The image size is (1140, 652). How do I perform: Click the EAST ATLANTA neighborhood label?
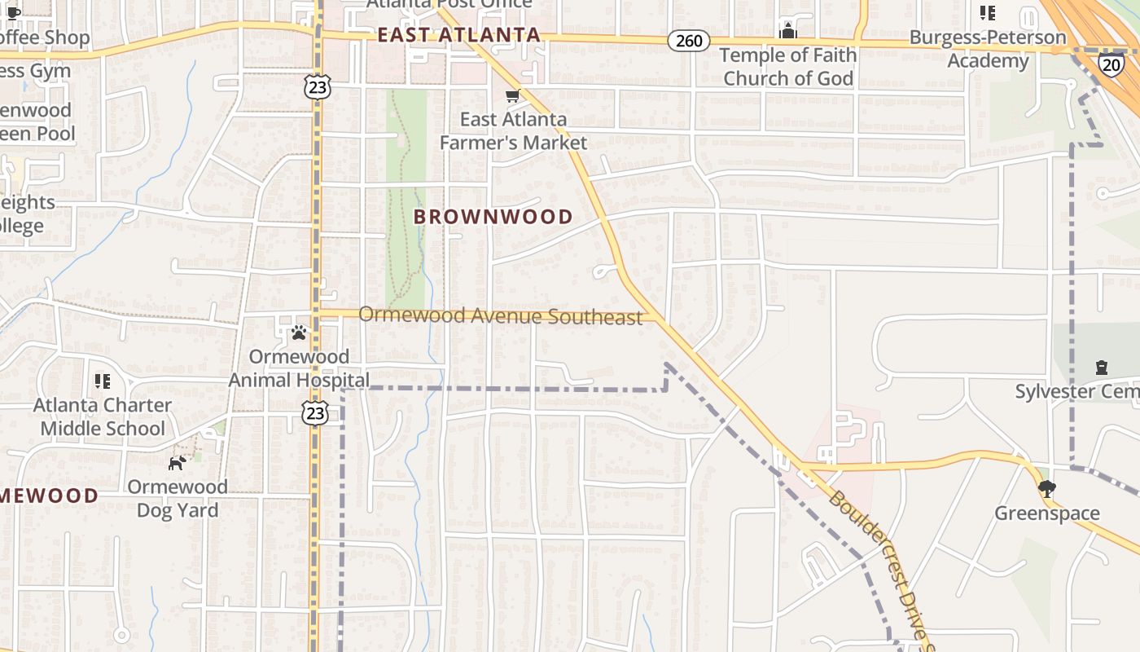[x=459, y=35]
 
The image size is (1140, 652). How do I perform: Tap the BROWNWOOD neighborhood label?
[x=493, y=217]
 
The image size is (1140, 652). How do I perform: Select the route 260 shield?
[x=689, y=41]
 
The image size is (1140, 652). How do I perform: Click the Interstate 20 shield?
[x=1111, y=64]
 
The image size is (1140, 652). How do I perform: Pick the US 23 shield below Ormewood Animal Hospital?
[x=316, y=412]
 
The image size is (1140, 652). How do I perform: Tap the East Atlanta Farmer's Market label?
[x=513, y=130]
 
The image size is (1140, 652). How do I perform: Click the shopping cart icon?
[x=512, y=96]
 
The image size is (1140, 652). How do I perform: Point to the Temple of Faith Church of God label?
[x=788, y=67]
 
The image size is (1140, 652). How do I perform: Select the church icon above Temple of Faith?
[x=787, y=31]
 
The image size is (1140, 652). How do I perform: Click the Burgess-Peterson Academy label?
[x=987, y=49]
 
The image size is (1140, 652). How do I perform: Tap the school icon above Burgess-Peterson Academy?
[x=987, y=13]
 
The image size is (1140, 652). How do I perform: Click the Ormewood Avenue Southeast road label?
[x=501, y=315]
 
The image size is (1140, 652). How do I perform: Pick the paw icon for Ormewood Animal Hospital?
[x=299, y=332]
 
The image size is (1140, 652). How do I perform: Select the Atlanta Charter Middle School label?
[x=103, y=416]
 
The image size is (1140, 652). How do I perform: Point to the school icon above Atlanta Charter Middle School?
[x=103, y=381]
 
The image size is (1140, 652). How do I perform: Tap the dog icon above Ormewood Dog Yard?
[x=177, y=463]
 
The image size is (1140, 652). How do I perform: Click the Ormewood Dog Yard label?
[x=178, y=499]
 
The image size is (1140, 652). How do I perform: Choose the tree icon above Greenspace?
[x=1047, y=489]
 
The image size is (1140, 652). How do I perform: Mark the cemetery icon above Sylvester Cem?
[x=1102, y=368]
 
